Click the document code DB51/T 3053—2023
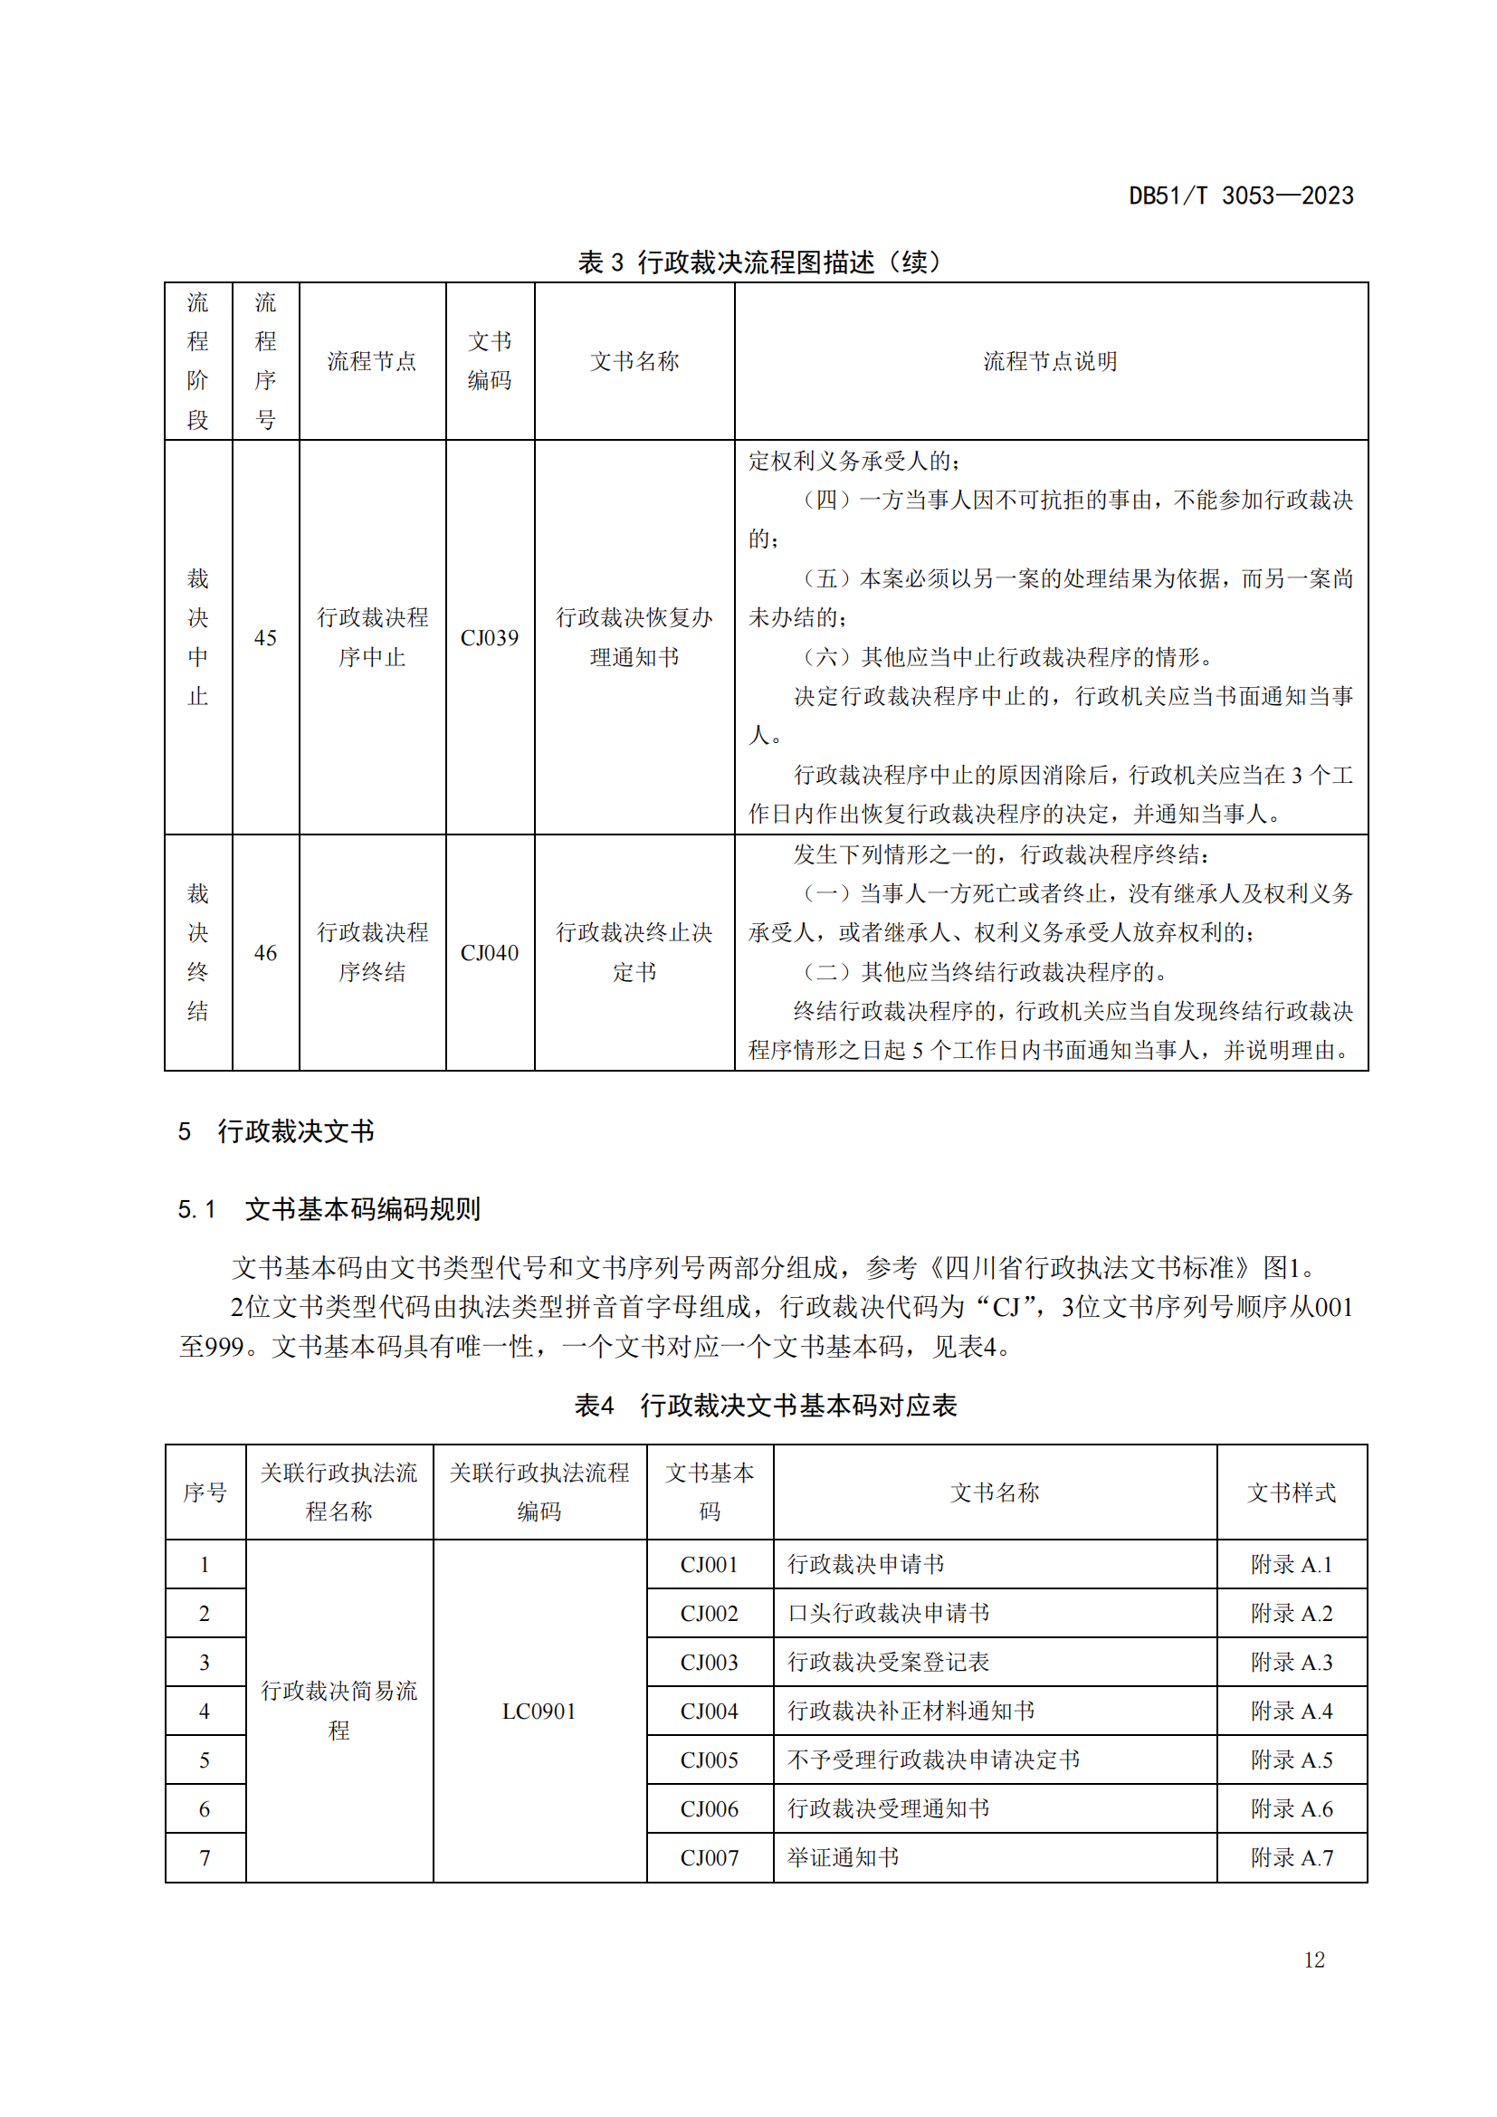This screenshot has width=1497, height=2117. pos(1241,195)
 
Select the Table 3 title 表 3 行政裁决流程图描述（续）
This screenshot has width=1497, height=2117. pos(758,262)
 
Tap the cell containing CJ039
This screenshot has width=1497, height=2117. pos(490,637)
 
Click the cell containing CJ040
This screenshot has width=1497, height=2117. pos(490,952)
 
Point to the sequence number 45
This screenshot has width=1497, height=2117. pos(265,637)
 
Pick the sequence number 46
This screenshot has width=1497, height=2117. pos(265,952)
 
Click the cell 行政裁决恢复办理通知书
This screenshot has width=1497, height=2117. pos(634,637)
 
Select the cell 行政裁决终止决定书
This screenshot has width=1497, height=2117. pos(634,952)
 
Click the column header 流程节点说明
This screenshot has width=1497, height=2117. pos(1050,361)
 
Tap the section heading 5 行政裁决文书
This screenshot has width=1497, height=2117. pos(277,1131)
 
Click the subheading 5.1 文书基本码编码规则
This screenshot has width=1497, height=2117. pos(329,1209)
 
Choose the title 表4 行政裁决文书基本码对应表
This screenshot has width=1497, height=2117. pos(765,1406)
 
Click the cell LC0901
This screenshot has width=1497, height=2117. pos(539,1712)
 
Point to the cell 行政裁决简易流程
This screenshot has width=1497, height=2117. pos(339,1711)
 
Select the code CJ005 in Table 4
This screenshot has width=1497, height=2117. pos(709,1760)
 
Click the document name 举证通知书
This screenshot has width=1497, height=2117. pos(843,1857)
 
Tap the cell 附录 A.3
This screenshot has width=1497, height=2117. pos(1292,1663)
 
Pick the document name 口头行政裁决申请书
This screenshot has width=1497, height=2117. pos(889,1614)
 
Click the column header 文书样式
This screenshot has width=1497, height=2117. pos(1292,1492)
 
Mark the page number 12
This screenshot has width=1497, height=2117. pos(1313,1960)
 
